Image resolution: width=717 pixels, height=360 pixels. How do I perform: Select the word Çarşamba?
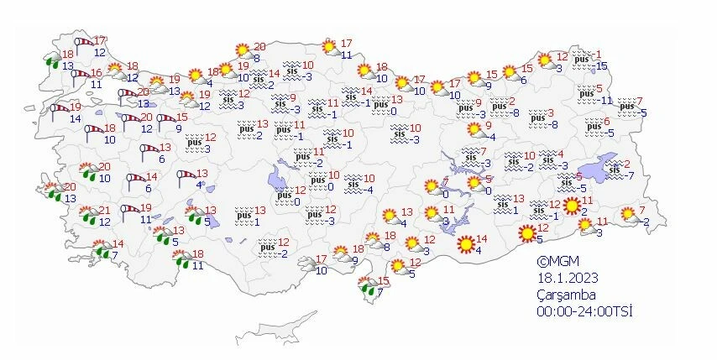(567, 295)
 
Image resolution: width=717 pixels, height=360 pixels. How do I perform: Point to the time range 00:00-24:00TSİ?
(584, 311)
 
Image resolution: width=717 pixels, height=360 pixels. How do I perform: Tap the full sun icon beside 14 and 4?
(465, 245)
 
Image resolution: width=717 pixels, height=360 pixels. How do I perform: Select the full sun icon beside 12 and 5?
(527, 233)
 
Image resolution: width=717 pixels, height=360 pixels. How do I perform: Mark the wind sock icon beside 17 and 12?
(83, 43)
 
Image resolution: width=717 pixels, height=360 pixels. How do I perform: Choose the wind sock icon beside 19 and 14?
(59, 109)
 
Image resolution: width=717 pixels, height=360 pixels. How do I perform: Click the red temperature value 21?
(105, 211)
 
